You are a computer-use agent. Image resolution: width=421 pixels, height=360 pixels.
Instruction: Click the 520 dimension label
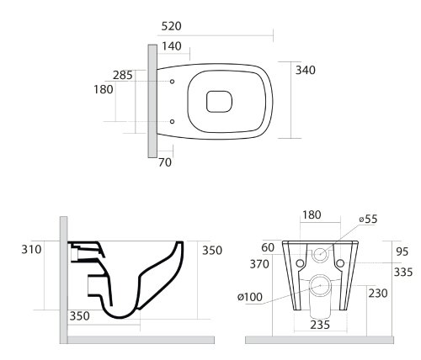[x=171, y=26]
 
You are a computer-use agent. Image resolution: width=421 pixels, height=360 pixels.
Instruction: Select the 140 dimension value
[x=172, y=46]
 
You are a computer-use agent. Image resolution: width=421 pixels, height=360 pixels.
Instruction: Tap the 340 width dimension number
[x=306, y=70]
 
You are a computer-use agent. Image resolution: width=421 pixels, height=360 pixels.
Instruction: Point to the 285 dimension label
[x=123, y=75]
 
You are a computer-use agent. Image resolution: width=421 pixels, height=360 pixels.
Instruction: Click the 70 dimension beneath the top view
[x=165, y=162]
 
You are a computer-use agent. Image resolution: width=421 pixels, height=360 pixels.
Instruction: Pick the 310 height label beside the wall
[x=31, y=249]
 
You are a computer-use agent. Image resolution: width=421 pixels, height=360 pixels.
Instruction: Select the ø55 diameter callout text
[x=369, y=219]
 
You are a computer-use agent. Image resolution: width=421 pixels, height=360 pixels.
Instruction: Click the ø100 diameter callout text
[x=250, y=297]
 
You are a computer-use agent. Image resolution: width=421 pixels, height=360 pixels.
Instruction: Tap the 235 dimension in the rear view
[x=320, y=325]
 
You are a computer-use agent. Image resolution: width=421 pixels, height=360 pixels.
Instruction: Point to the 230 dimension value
[x=378, y=294]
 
